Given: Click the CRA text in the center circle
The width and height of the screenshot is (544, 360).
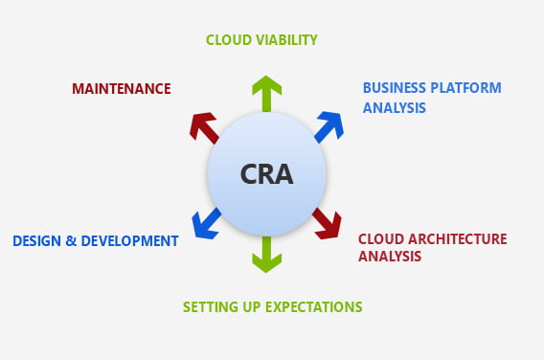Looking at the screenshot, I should pyautogui.click(x=267, y=176).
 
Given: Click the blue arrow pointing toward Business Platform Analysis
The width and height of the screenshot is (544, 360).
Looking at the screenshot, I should pyautogui.click(x=329, y=126).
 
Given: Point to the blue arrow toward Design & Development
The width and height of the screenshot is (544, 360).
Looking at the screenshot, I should pyautogui.click(x=206, y=223).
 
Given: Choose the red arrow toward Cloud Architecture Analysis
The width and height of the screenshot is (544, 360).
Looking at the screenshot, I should pyautogui.click(x=328, y=223).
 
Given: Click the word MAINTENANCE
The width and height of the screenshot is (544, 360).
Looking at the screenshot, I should pyautogui.click(x=122, y=89).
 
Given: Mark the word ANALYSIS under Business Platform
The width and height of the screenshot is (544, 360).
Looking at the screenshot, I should pyautogui.click(x=395, y=107).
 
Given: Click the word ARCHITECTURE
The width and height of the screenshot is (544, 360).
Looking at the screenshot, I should pyautogui.click(x=455, y=238).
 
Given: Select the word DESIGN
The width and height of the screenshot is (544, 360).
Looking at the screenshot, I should pyautogui.click(x=36, y=240).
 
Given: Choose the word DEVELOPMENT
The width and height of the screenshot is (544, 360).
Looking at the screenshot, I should pyautogui.click(x=131, y=240).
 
